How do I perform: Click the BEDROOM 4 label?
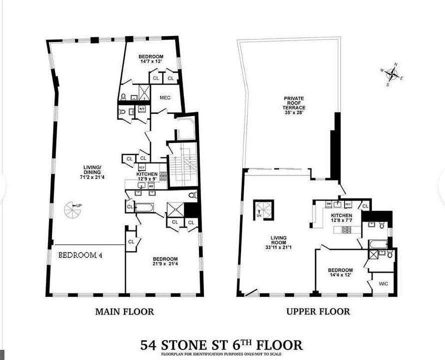coord(80,254)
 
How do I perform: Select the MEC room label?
coord(165,97)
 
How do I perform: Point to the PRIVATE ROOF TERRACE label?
coord(294,103)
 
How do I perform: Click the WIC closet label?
coord(383,284)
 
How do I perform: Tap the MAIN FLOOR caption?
coord(124,311)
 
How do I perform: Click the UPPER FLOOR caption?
coord(318,311)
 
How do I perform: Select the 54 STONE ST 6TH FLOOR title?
coord(221,345)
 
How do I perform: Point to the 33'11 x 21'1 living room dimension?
coord(270,247)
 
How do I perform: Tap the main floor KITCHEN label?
coord(147,174)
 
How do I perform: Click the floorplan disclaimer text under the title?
coord(221,354)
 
